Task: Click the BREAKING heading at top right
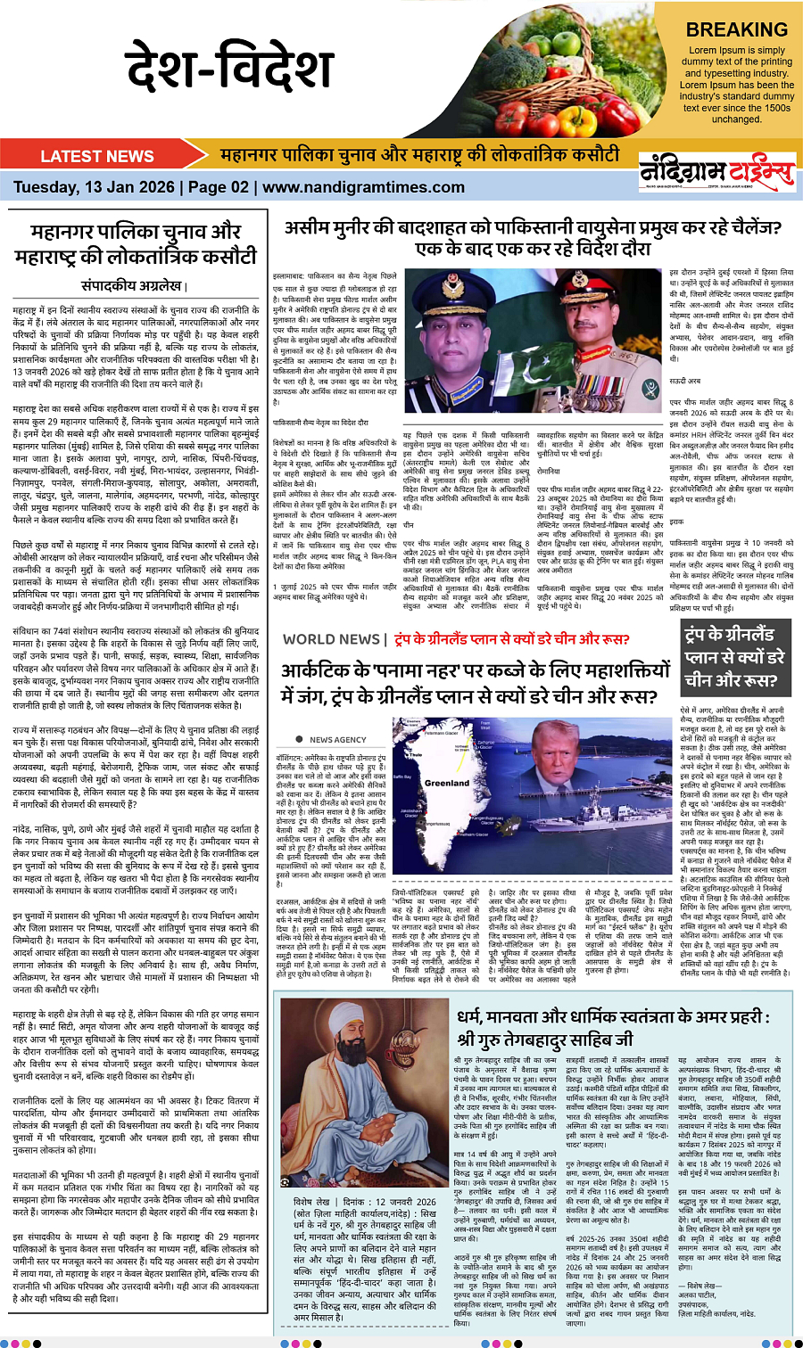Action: [x=736, y=29]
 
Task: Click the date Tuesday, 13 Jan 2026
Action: [x=93, y=187]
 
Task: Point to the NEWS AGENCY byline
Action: [x=337, y=739]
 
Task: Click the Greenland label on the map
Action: [x=447, y=783]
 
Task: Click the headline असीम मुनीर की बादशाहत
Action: [x=533, y=238]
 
